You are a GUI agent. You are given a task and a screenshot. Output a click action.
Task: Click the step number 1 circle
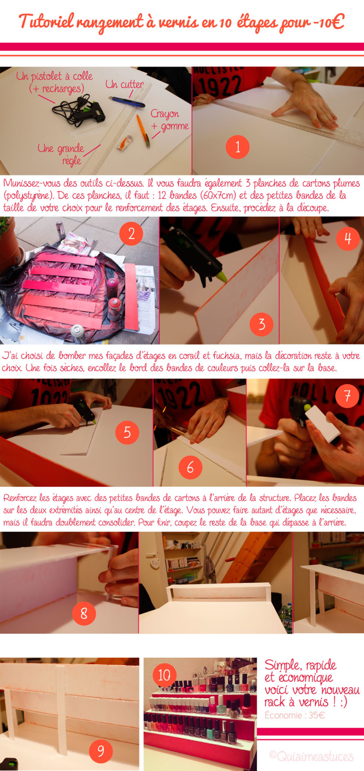(237, 147)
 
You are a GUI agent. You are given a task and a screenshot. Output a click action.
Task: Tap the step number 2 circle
(131, 234)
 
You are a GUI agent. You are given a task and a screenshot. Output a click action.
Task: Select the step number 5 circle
(127, 432)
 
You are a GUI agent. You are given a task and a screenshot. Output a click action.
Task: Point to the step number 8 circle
(84, 613)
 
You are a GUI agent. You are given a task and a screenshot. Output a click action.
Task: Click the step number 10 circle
(164, 675)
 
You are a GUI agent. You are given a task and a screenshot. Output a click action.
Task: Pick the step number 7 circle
(347, 396)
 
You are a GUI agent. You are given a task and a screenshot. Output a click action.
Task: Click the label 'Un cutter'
(125, 84)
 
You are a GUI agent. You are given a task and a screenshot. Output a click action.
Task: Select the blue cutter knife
(127, 102)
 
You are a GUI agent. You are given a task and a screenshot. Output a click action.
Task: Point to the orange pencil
(143, 131)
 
